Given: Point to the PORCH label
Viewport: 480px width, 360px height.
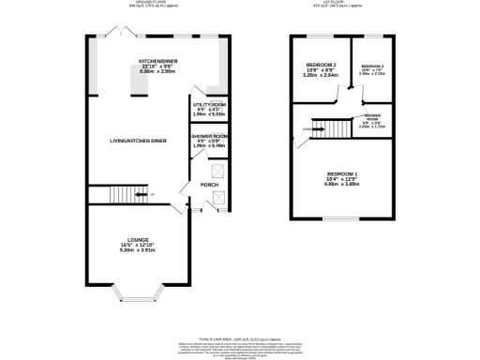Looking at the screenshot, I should click(x=209, y=185).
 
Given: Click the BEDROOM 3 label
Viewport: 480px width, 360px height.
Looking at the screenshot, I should click(x=372, y=67).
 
